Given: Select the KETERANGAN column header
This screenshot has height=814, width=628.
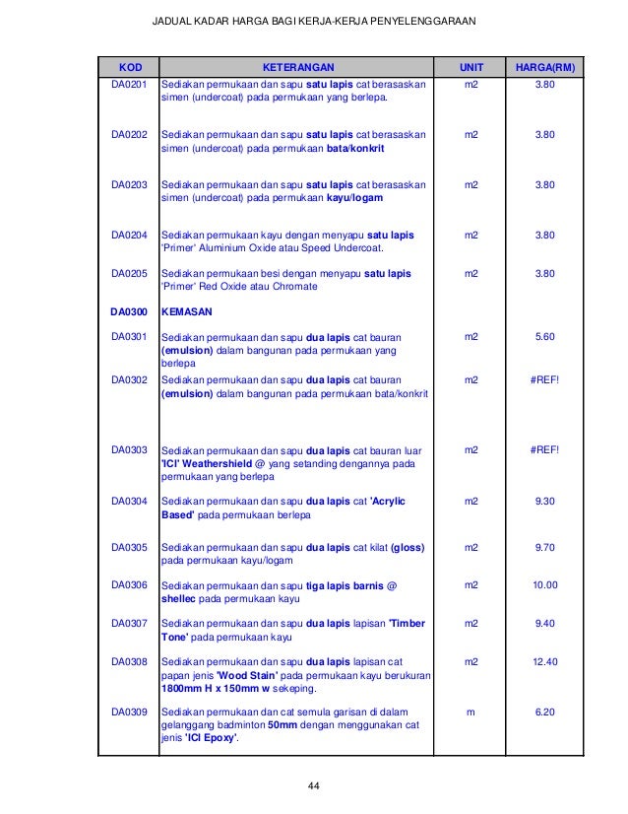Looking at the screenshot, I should (x=297, y=68).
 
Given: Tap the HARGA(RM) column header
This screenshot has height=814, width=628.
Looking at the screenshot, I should (x=544, y=68).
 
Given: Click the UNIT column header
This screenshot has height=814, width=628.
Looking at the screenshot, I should (x=472, y=68).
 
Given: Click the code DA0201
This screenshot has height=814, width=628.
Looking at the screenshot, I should (x=128, y=86).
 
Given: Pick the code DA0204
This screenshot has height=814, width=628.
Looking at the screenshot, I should (x=128, y=236).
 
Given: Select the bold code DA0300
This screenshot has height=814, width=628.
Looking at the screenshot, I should (x=128, y=311).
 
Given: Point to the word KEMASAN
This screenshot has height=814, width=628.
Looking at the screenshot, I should (x=186, y=311).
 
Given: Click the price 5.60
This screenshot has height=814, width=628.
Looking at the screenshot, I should (x=544, y=337).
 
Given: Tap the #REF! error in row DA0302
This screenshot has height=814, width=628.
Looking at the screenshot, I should (x=544, y=377).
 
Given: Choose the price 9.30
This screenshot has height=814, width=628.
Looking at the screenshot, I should (x=544, y=502).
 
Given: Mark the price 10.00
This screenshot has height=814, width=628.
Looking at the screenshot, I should (x=544, y=585).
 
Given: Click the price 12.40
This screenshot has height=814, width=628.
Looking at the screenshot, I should (x=544, y=661).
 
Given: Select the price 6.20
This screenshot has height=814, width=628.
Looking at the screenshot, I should (x=544, y=711).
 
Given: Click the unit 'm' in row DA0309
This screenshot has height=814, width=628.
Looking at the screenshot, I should (x=472, y=711).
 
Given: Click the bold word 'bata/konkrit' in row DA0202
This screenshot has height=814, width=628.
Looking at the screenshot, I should (x=355, y=147).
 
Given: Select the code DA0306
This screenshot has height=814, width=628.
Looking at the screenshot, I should (x=128, y=585).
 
